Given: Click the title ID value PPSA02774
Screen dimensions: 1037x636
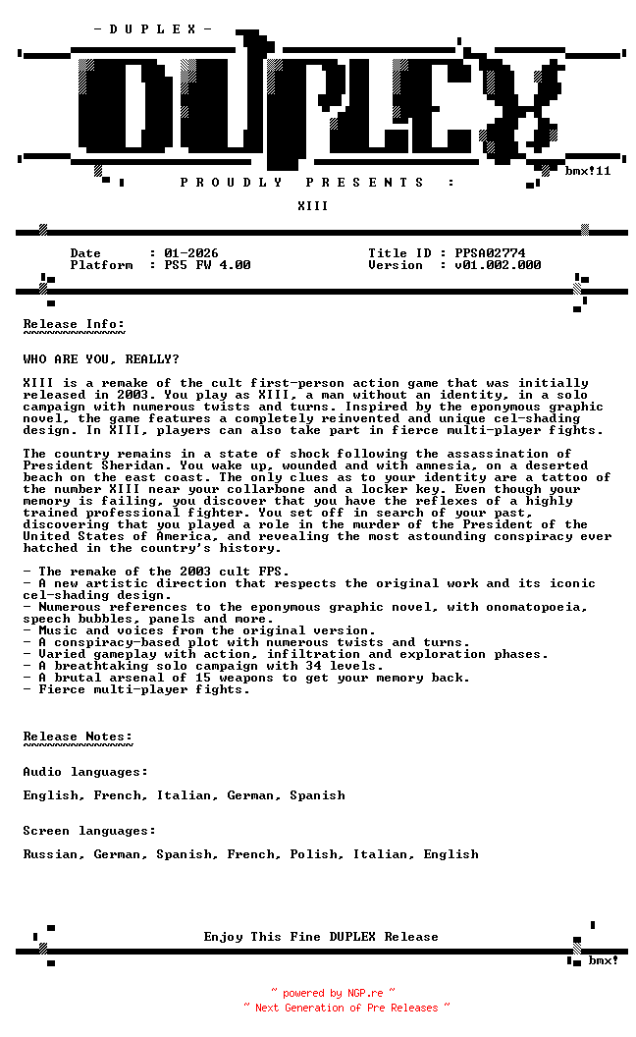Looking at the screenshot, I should click(x=490, y=253).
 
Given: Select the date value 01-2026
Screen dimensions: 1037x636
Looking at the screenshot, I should click(x=191, y=253).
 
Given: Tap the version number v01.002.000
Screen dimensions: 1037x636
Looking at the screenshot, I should click(x=498, y=265).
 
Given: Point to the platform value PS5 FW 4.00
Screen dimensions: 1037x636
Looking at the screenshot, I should click(x=207, y=265).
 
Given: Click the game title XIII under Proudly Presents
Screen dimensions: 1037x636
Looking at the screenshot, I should click(x=313, y=206).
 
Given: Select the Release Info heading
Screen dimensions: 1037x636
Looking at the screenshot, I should click(x=74, y=324).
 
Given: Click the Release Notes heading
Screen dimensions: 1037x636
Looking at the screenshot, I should click(x=78, y=737).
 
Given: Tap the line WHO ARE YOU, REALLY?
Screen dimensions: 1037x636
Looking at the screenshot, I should click(x=101, y=359).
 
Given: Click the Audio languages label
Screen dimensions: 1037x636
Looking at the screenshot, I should click(x=85, y=772).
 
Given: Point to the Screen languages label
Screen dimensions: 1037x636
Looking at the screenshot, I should click(x=89, y=831).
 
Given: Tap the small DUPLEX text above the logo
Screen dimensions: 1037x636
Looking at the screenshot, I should click(x=152, y=29).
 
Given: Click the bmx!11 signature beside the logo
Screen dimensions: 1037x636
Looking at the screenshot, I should click(x=588, y=171).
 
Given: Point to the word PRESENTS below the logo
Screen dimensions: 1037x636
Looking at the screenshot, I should click(x=364, y=183).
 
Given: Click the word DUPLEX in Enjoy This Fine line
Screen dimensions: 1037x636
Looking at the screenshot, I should click(x=352, y=937).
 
